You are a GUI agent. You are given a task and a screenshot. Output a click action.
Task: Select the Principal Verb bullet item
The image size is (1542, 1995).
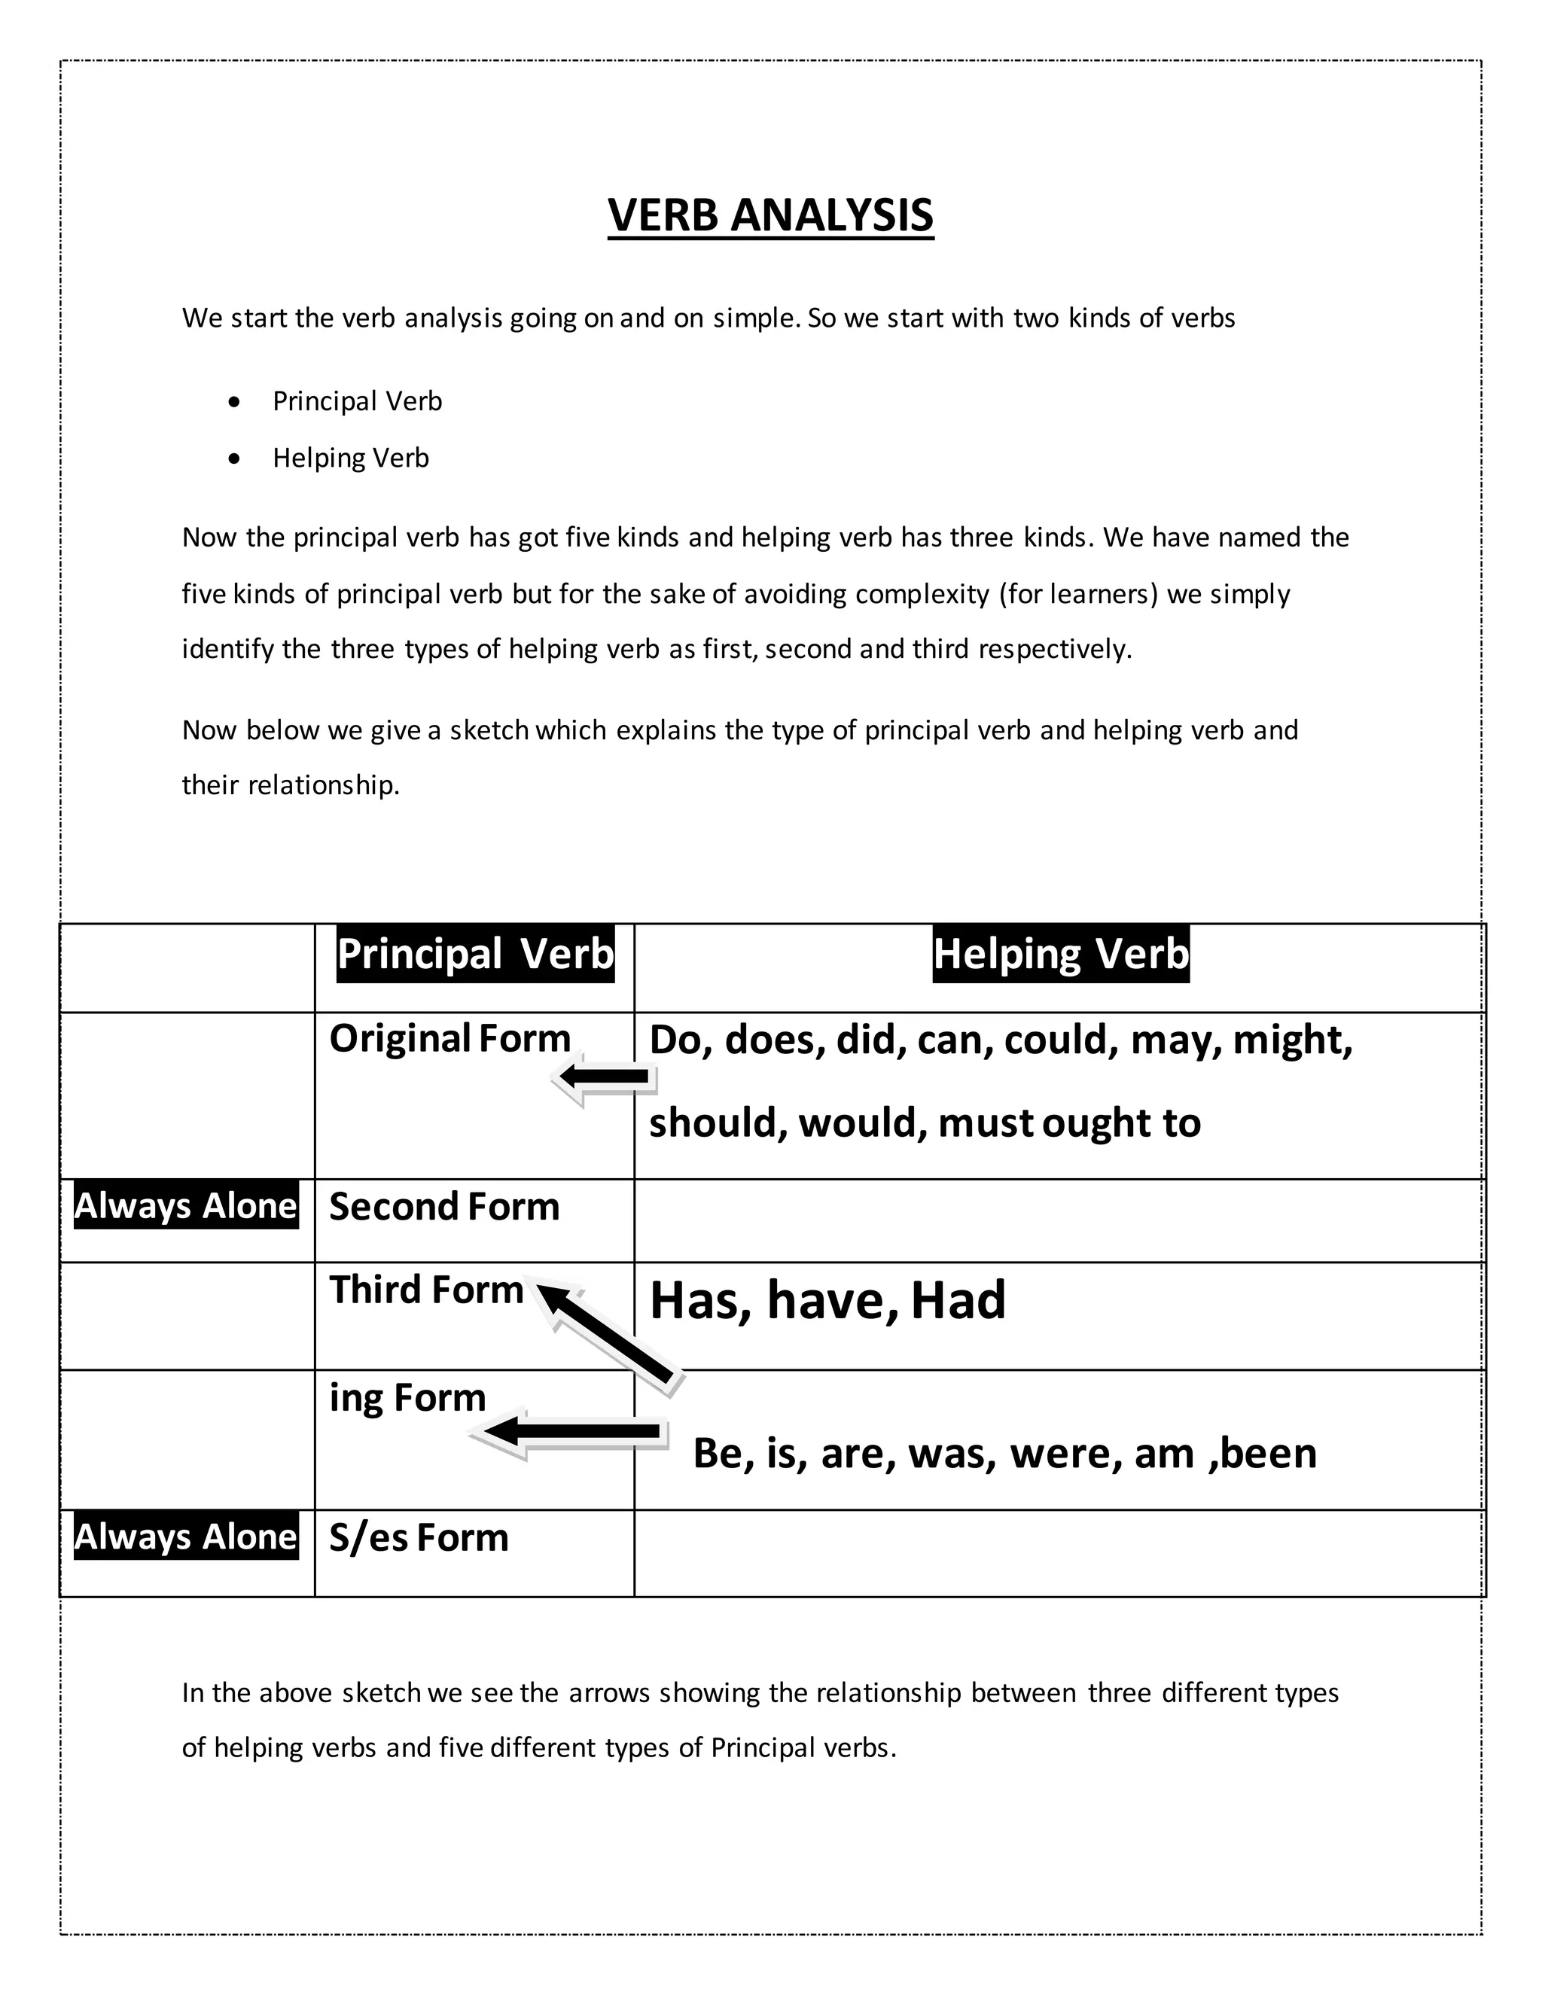[x=357, y=401]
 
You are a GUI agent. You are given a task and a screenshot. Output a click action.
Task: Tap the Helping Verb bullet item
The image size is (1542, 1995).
[x=351, y=458]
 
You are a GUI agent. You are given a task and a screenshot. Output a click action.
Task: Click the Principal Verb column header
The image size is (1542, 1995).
[x=475, y=955]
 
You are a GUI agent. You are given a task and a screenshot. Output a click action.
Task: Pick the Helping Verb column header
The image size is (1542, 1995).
[x=1061, y=955]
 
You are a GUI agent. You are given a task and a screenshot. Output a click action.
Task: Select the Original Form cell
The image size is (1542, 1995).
[x=449, y=1039]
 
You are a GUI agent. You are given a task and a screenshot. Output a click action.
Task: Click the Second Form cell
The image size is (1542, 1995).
[x=444, y=1207]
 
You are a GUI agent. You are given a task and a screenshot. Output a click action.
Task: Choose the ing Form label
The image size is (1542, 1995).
[x=407, y=1397]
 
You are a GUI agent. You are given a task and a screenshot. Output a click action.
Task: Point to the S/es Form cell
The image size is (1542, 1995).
[x=419, y=1537]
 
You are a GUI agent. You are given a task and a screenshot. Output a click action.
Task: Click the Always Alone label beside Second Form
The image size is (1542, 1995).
[x=187, y=1206]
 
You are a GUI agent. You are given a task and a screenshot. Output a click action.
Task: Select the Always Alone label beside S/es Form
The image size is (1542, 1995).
[x=187, y=1537]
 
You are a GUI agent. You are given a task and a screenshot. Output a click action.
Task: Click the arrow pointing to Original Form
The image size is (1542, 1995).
[x=605, y=1078]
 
